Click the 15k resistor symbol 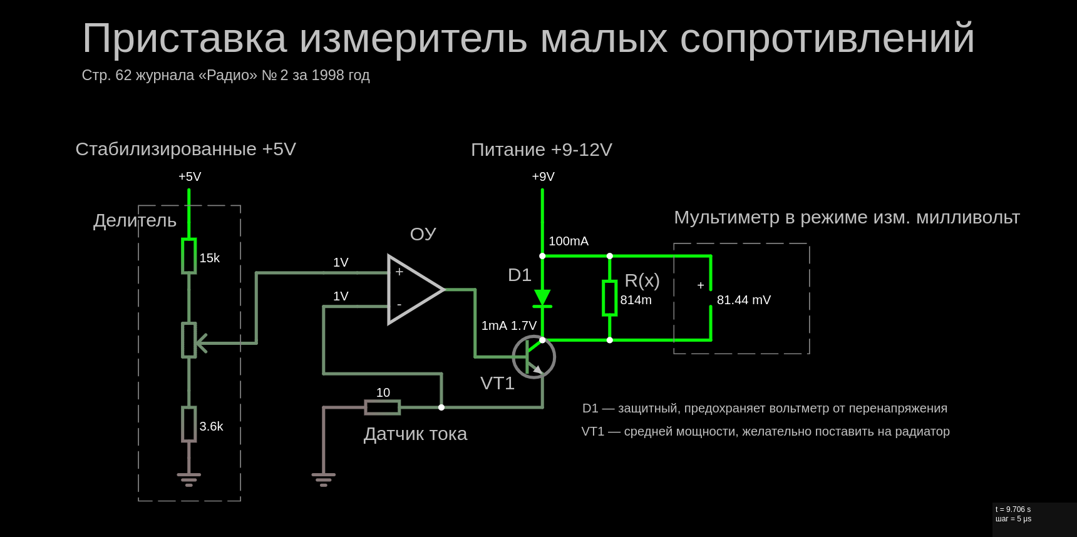(x=188, y=255)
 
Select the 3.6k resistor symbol (x=188, y=424)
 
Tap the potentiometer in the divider (x=188, y=340)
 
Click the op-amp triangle (x=413, y=289)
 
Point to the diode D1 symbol (x=542, y=298)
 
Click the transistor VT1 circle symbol (x=534, y=357)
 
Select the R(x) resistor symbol (x=609, y=298)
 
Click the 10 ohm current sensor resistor (x=382, y=407)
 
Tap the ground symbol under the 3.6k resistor (x=188, y=479)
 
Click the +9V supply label (x=543, y=176)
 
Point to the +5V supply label (x=190, y=176)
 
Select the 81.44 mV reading (x=743, y=300)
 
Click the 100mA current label (x=568, y=241)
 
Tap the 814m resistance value (x=636, y=300)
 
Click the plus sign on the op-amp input (x=399, y=272)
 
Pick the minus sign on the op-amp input (x=399, y=305)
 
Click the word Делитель (x=135, y=220)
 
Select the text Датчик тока (x=415, y=434)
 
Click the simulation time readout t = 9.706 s (x=1013, y=509)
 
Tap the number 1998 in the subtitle (x=327, y=75)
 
